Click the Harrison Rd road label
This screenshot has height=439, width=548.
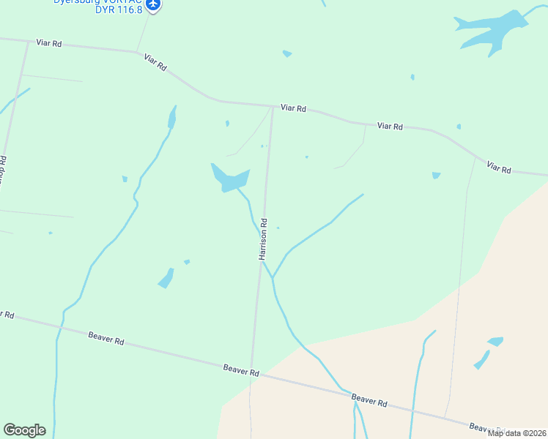pyautogui.click(x=263, y=239)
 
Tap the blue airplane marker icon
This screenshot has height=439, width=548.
pyautogui.click(x=153, y=5)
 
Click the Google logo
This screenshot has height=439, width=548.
pyautogui.click(x=24, y=430)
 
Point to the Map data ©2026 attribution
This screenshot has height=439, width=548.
pyautogui.click(x=516, y=433)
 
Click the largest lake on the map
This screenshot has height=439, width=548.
pyautogui.click(x=486, y=32)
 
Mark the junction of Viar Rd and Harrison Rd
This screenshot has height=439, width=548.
pyautogui.click(x=273, y=107)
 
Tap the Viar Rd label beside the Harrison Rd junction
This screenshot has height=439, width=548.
pyautogui.click(x=293, y=108)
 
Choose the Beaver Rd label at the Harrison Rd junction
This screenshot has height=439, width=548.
pyautogui.click(x=242, y=372)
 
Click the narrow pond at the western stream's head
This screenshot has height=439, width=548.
pyautogui.click(x=172, y=117)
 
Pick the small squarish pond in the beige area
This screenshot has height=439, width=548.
pyautogui.click(x=496, y=341)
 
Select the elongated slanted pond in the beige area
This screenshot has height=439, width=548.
pyautogui.click(x=481, y=360)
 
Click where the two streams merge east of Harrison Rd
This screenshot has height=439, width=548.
pyautogui.click(x=273, y=278)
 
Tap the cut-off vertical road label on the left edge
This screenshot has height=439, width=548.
pyautogui.click(x=3, y=169)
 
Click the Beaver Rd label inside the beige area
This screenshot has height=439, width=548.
pyautogui.click(x=369, y=400)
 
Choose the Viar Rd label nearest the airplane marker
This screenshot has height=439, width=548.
pyautogui.click(x=155, y=62)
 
